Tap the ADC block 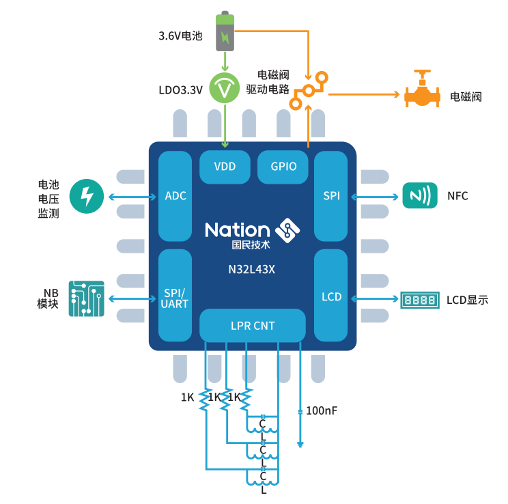(x=175, y=196)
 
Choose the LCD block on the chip (x=331, y=297)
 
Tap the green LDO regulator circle (x=225, y=88)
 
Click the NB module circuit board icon (x=86, y=298)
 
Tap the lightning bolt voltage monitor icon (x=87, y=196)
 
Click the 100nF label (x=321, y=411)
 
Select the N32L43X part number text (x=253, y=268)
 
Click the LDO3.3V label (x=180, y=89)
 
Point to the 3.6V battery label (x=180, y=36)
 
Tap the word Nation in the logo (x=237, y=229)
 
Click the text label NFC (x=457, y=197)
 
